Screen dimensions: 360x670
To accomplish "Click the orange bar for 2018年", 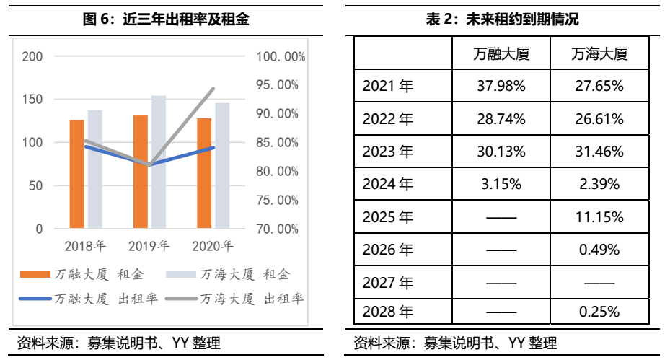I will pyautogui.click(x=76, y=174).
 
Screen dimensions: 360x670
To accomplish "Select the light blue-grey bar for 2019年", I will pyautogui.click(x=158, y=162).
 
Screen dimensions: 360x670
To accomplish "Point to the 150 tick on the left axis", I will pyautogui.click(x=32, y=99).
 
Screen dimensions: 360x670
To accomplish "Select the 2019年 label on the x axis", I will pyautogui.click(x=149, y=247).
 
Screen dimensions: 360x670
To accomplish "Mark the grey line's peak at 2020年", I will pyautogui.click(x=213, y=89).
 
